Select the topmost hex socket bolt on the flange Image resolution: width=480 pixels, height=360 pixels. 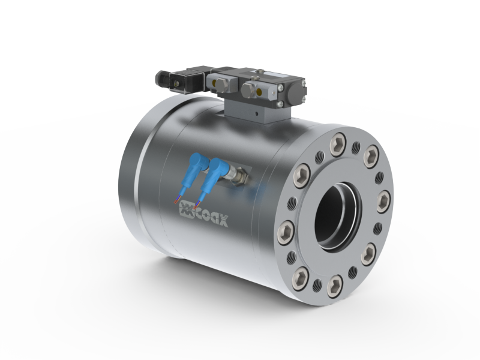(x=338, y=143)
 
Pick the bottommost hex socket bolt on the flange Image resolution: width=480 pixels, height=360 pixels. (x=335, y=286)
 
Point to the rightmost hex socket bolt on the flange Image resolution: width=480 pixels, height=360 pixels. (x=383, y=201)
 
